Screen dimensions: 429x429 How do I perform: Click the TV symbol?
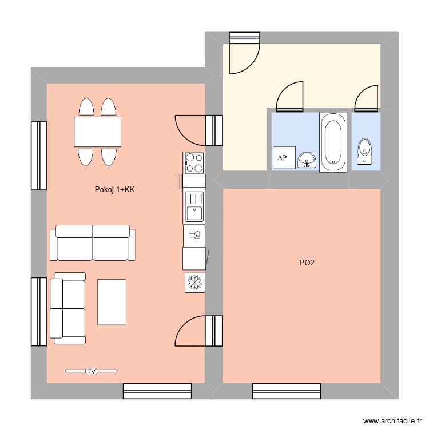(x=91, y=371)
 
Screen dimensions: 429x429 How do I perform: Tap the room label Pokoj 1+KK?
(x=115, y=190)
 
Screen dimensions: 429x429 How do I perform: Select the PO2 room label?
(x=307, y=263)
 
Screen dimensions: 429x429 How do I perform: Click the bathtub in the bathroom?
(x=333, y=142)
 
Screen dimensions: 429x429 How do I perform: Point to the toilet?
(x=365, y=153)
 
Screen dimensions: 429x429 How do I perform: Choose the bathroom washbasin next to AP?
(x=307, y=159)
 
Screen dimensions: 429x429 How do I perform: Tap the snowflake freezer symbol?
(x=195, y=282)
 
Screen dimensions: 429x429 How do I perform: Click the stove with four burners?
(x=194, y=162)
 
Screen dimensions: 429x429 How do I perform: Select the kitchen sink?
(x=194, y=206)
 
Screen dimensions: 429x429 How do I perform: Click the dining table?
(x=97, y=132)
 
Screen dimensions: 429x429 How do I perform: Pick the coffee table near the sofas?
(x=112, y=301)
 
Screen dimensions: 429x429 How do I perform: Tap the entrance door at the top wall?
(x=244, y=54)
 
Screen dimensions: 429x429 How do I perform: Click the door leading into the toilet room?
(x=366, y=98)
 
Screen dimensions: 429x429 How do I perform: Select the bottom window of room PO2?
(x=287, y=391)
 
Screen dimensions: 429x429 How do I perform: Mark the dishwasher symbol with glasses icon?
(x=194, y=234)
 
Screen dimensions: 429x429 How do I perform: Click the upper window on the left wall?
(x=38, y=156)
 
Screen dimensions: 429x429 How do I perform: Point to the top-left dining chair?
(x=86, y=108)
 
